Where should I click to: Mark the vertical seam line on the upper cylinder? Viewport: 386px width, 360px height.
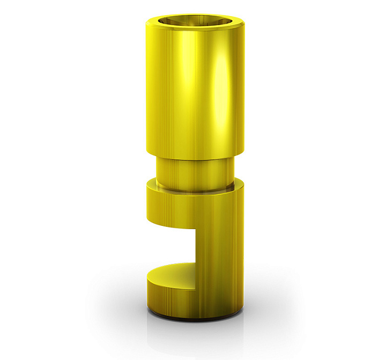pyautogui.click(x=196, y=91)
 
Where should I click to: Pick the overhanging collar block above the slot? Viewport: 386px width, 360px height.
pyautogui.click(x=172, y=207)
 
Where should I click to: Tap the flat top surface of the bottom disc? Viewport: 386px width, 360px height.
pyautogui.click(x=172, y=271)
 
